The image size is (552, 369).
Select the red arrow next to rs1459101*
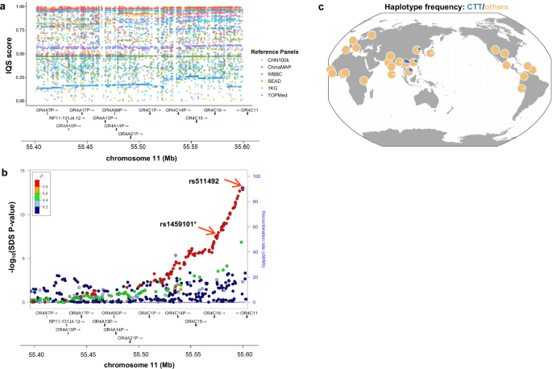click(x=206, y=230)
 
